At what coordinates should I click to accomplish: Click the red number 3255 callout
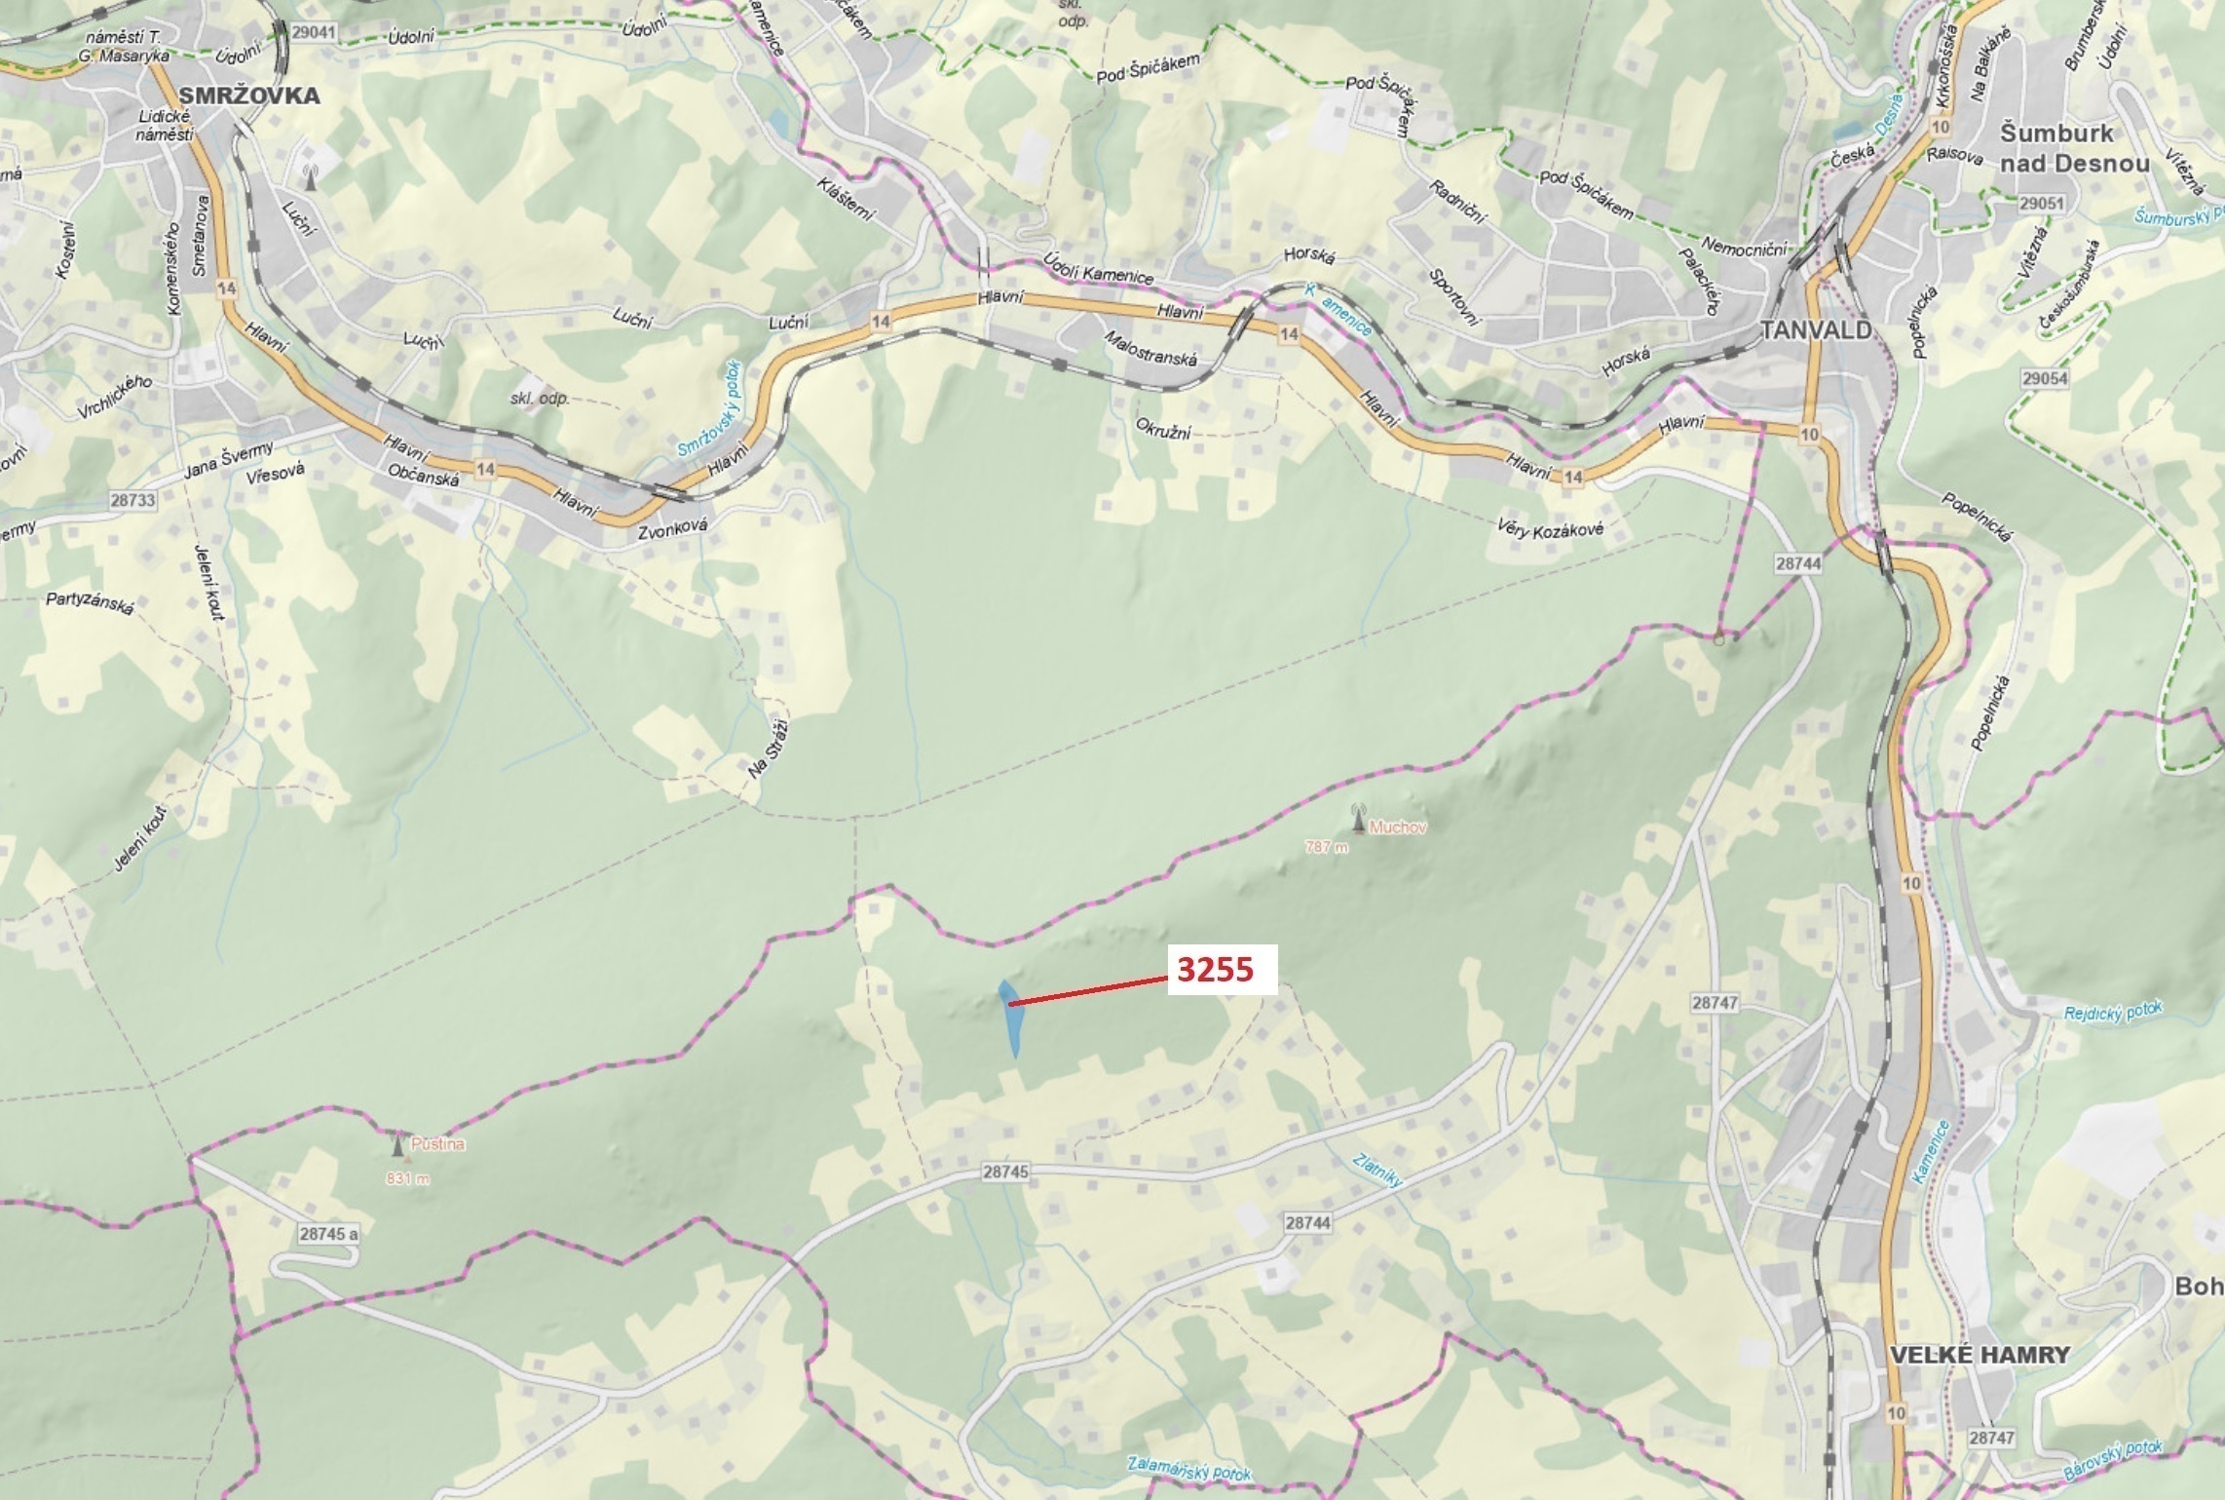click(x=1216, y=969)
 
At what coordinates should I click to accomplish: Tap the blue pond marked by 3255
click(x=1011, y=1019)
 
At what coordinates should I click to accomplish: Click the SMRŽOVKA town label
click(x=249, y=96)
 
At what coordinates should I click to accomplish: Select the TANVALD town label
click(x=1817, y=330)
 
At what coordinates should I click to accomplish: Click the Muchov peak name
click(x=1397, y=827)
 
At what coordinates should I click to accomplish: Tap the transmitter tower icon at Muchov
click(x=1358, y=819)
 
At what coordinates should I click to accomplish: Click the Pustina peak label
click(x=437, y=1144)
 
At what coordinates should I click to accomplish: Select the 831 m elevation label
click(x=407, y=1178)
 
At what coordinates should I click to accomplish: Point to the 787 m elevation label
click(x=1327, y=847)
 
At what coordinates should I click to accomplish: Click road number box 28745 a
click(x=328, y=1234)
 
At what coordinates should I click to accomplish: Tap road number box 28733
click(x=132, y=500)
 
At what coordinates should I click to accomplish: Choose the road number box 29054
click(x=2044, y=378)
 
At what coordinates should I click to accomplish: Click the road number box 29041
click(x=313, y=32)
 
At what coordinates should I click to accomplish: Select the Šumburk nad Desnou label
click(x=2074, y=148)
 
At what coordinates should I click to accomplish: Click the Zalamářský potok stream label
click(x=1188, y=1469)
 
